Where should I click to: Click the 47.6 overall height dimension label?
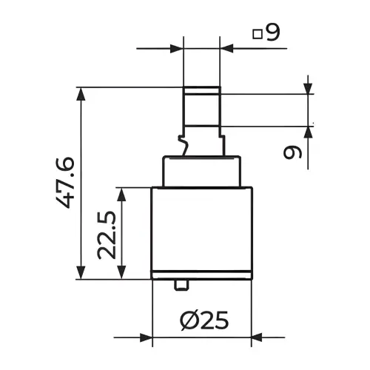tap(66, 183)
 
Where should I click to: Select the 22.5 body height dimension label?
tap(107, 235)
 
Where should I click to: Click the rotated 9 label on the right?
tap(292, 152)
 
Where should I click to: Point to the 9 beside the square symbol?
tap(273, 33)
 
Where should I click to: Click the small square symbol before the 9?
tap(258, 34)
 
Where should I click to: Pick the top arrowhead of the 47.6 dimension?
tap(81, 94)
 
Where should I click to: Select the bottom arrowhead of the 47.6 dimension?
tap(81, 272)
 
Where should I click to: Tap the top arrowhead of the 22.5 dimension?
tap(122, 195)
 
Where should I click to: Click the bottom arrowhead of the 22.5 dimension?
tap(122, 272)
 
